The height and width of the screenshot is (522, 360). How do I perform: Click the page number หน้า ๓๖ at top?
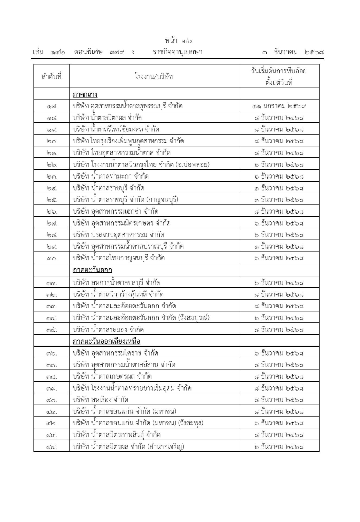click(x=178, y=41)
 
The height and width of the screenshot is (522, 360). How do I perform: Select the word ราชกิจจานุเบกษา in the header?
click(x=177, y=52)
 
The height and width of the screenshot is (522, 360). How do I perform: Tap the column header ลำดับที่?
click(x=51, y=76)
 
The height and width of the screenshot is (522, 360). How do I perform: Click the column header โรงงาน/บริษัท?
click(x=154, y=76)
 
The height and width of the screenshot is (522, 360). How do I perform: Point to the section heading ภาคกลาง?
click(x=85, y=94)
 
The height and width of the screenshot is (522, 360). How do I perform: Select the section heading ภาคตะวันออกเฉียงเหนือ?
click(x=106, y=341)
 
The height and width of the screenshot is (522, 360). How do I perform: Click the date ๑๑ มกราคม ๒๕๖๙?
click(x=279, y=106)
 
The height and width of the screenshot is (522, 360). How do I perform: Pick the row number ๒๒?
click(x=52, y=165)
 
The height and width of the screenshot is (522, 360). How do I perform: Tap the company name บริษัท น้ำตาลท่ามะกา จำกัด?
click(x=110, y=176)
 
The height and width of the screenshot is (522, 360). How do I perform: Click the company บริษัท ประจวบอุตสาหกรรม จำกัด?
click(x=118, y=235)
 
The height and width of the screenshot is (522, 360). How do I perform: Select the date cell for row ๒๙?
click(x=279, y=246)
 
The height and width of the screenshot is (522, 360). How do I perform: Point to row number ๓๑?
click(x=52, y=283)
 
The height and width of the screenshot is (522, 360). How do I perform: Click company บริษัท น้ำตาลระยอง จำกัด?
click(x=108, y=330)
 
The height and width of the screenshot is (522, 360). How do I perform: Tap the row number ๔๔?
click(x=52, y=447)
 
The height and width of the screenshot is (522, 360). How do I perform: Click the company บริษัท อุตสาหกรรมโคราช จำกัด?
click(x=115, y=353)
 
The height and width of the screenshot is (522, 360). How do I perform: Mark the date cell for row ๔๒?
click(x=279, y=423)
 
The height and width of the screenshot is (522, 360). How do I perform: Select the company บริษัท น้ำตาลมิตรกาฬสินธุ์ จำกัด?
click(x=116, y=435)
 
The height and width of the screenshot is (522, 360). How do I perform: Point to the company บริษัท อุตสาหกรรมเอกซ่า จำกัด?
click(x=115, y=211)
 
